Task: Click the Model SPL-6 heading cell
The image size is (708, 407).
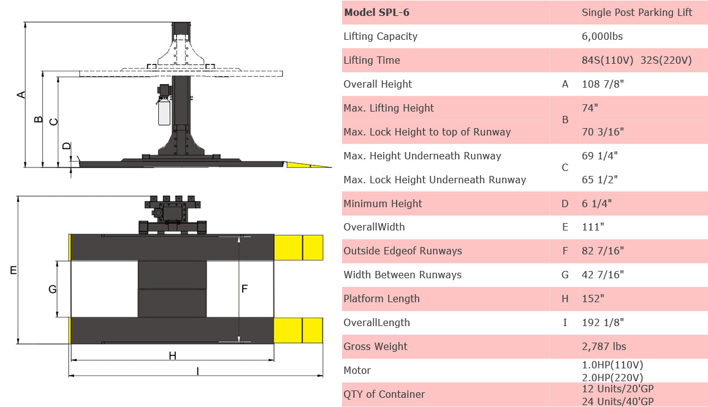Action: pyautogui.click(x=376, y=12)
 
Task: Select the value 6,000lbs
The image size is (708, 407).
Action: pyautogui.click(x=602, y=36)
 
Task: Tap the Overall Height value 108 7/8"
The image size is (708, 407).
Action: pyautogui.click(x=603, y=84)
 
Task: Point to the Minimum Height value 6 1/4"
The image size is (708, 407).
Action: pyautogui.click(x=596, y=203)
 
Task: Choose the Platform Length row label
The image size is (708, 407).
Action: pyautogui.click(x=381, y=299)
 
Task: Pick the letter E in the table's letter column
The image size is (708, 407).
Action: pyautogui.click(x=565, y=227)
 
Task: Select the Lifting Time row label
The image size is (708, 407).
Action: pyautogui.click(x=371, y=60)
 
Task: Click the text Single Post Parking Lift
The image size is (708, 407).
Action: pyautogui.click(x=637, y=12)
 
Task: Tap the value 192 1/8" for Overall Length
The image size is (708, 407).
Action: pyautogui.click(x=603, y=322)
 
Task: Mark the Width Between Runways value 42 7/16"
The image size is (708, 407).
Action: pyautogui.click(x=603, y=275)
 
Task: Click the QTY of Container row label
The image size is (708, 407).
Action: pyautogui.click(x=384, y=394)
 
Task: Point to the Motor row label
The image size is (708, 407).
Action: pyautogui.click(x=357, y=370)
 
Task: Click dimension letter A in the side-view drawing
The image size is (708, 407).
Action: pyautogui.click(x=21, y=94)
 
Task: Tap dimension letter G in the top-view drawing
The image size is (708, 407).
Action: pyautogui.click(x=52, y=289)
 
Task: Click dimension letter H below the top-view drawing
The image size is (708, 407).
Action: pyautogui.click(x=172, y=356)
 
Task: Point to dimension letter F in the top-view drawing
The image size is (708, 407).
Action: pyautogui.click(x=244, y=289)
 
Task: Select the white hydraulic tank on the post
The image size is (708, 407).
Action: pyautogui.click(x=164, y=113)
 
